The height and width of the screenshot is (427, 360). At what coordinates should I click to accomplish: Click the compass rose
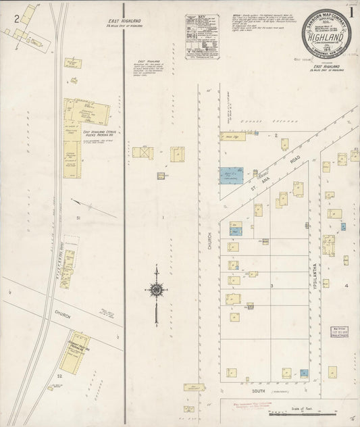pos(156,291)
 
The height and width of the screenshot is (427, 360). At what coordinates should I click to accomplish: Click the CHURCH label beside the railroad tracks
pos(63,314)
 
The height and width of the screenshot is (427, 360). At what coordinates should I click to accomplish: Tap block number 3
pos(272,286)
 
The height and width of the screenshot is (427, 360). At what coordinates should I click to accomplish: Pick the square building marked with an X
pos(143,153)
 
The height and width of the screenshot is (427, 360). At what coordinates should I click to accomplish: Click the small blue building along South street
pos(304,372)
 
